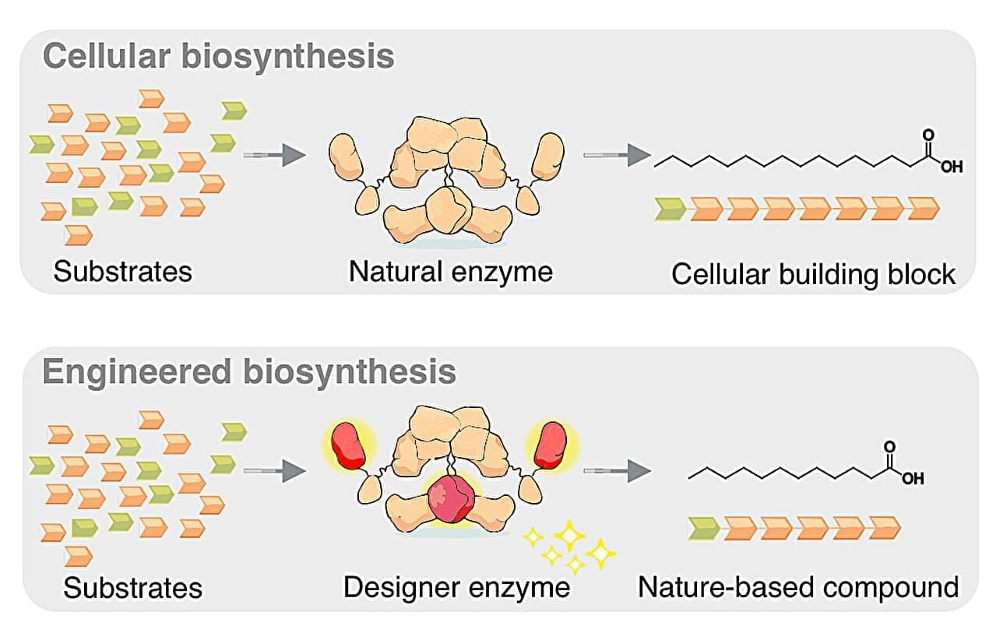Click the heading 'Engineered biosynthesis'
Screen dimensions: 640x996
point(249,371)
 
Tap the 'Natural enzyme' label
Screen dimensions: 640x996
point(450,272)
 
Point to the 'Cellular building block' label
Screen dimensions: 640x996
point(813,274)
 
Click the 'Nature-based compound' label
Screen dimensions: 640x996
point(797,586)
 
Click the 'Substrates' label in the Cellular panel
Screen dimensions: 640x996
point(122,272)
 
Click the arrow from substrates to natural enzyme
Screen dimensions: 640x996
point(273,155)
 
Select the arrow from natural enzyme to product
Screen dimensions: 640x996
point(616,155)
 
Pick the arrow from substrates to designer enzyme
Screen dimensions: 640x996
point(273,469)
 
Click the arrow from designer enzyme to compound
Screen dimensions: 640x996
point(616,469)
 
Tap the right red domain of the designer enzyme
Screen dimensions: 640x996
point(554,445)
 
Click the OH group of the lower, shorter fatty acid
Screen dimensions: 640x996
point(913,478)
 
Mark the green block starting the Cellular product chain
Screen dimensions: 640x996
point(670,209)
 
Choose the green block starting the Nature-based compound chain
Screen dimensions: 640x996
point(705,528)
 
